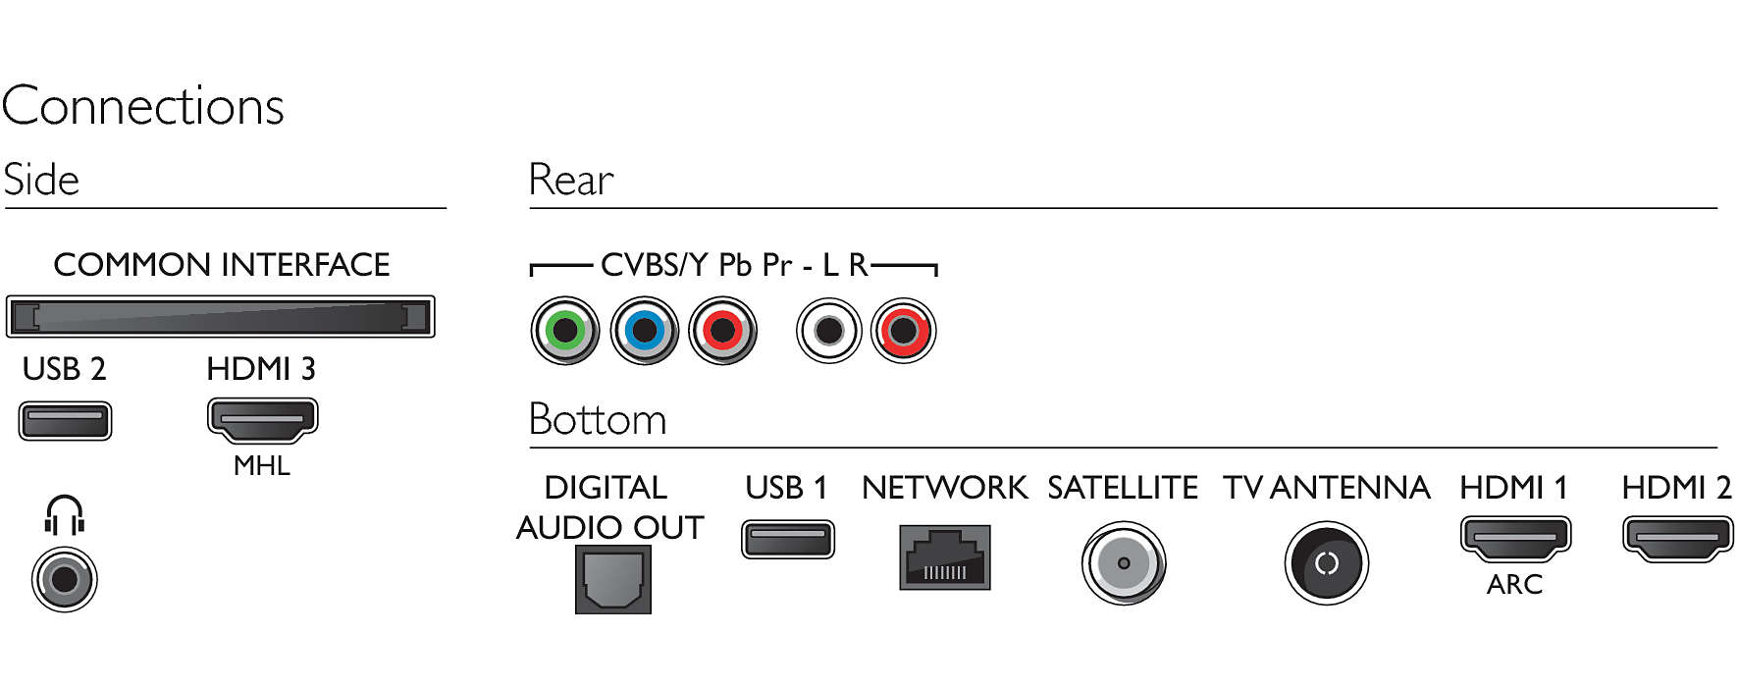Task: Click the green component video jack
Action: pos(565,331)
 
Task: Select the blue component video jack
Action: pos(644,331)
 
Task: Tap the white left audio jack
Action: pos(829,331)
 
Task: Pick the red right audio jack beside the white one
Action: pos(904,331)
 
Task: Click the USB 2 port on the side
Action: pos(65,421)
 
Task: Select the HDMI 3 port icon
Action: pos(262,421)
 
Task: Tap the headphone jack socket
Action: pos(65,579)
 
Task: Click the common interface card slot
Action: pos(220,317)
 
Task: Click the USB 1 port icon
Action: pos(787,540)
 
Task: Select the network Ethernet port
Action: pos(945,557)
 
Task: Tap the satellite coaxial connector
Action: pos(1124,563)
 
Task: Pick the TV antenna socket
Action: pos(1327,563)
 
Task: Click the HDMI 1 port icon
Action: pos(1515,539)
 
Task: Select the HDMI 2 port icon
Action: pos(1677,539)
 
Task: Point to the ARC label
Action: pos(1514,585)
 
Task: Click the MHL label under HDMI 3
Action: pos(262,466)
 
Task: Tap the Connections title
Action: pos(143,106)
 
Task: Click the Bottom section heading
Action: pos(598,420)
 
